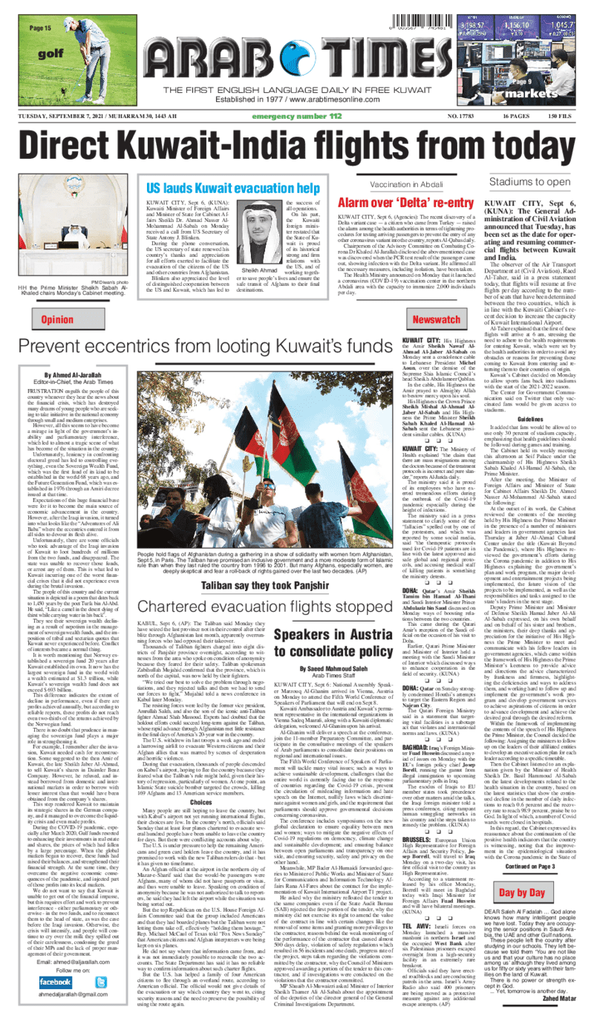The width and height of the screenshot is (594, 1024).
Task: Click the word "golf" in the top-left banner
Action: (x=50, y=53)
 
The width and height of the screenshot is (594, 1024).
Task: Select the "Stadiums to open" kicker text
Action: (x=528, y=181)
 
